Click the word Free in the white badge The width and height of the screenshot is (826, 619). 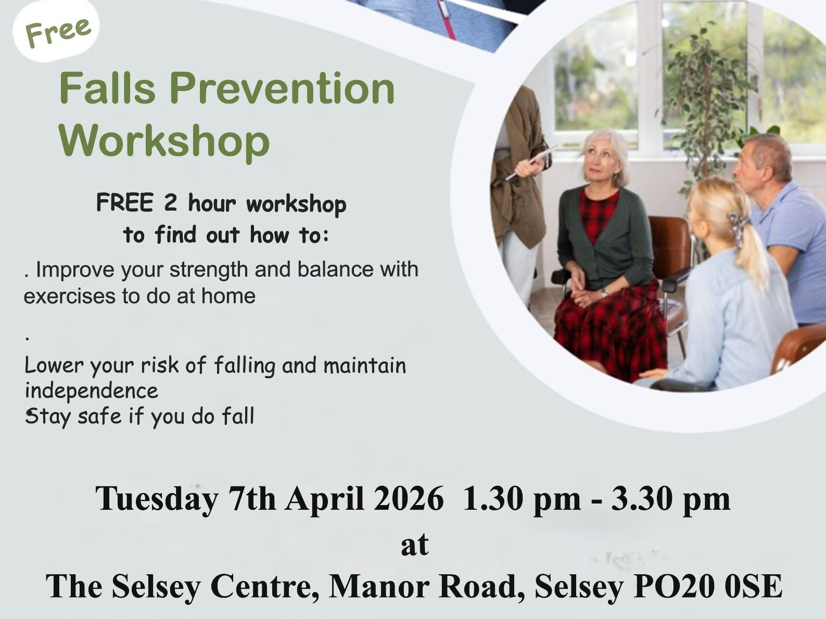coord(58,32)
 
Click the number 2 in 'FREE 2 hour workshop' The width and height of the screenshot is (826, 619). coord(170,203)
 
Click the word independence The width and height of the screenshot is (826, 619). coord(91,391)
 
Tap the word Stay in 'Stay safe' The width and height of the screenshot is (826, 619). coord(47,417)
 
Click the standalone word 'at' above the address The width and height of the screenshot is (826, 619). coord(414,544)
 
